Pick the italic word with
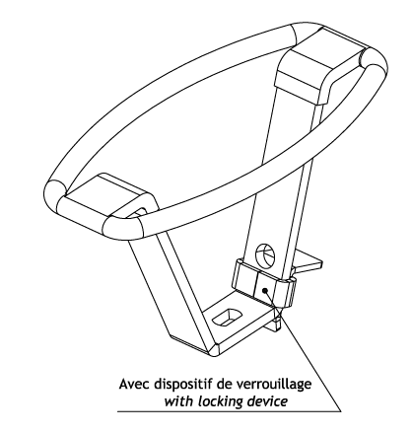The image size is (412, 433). click(x=176, y=401)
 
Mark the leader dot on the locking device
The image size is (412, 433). click(x=265, y=290)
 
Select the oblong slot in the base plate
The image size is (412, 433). click(x=227, y=318)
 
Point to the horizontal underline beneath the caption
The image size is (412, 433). click(x=230, y=411)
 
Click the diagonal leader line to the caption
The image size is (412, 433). click(x=303, y=350)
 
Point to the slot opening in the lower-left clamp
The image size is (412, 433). click(x=135, y=212)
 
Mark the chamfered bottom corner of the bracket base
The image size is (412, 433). click(x=214, y=349)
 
